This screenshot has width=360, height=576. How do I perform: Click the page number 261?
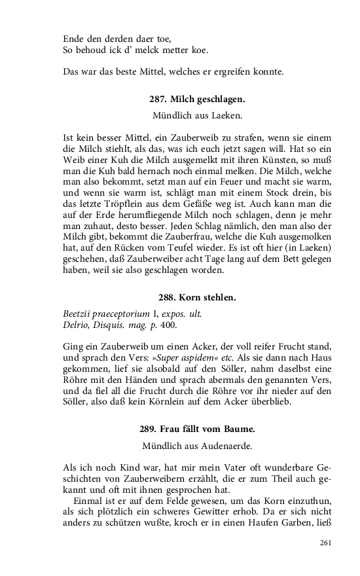point(326,543)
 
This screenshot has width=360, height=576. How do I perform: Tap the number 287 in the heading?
point(158,100)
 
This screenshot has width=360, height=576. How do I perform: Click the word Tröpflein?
point(122,202)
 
